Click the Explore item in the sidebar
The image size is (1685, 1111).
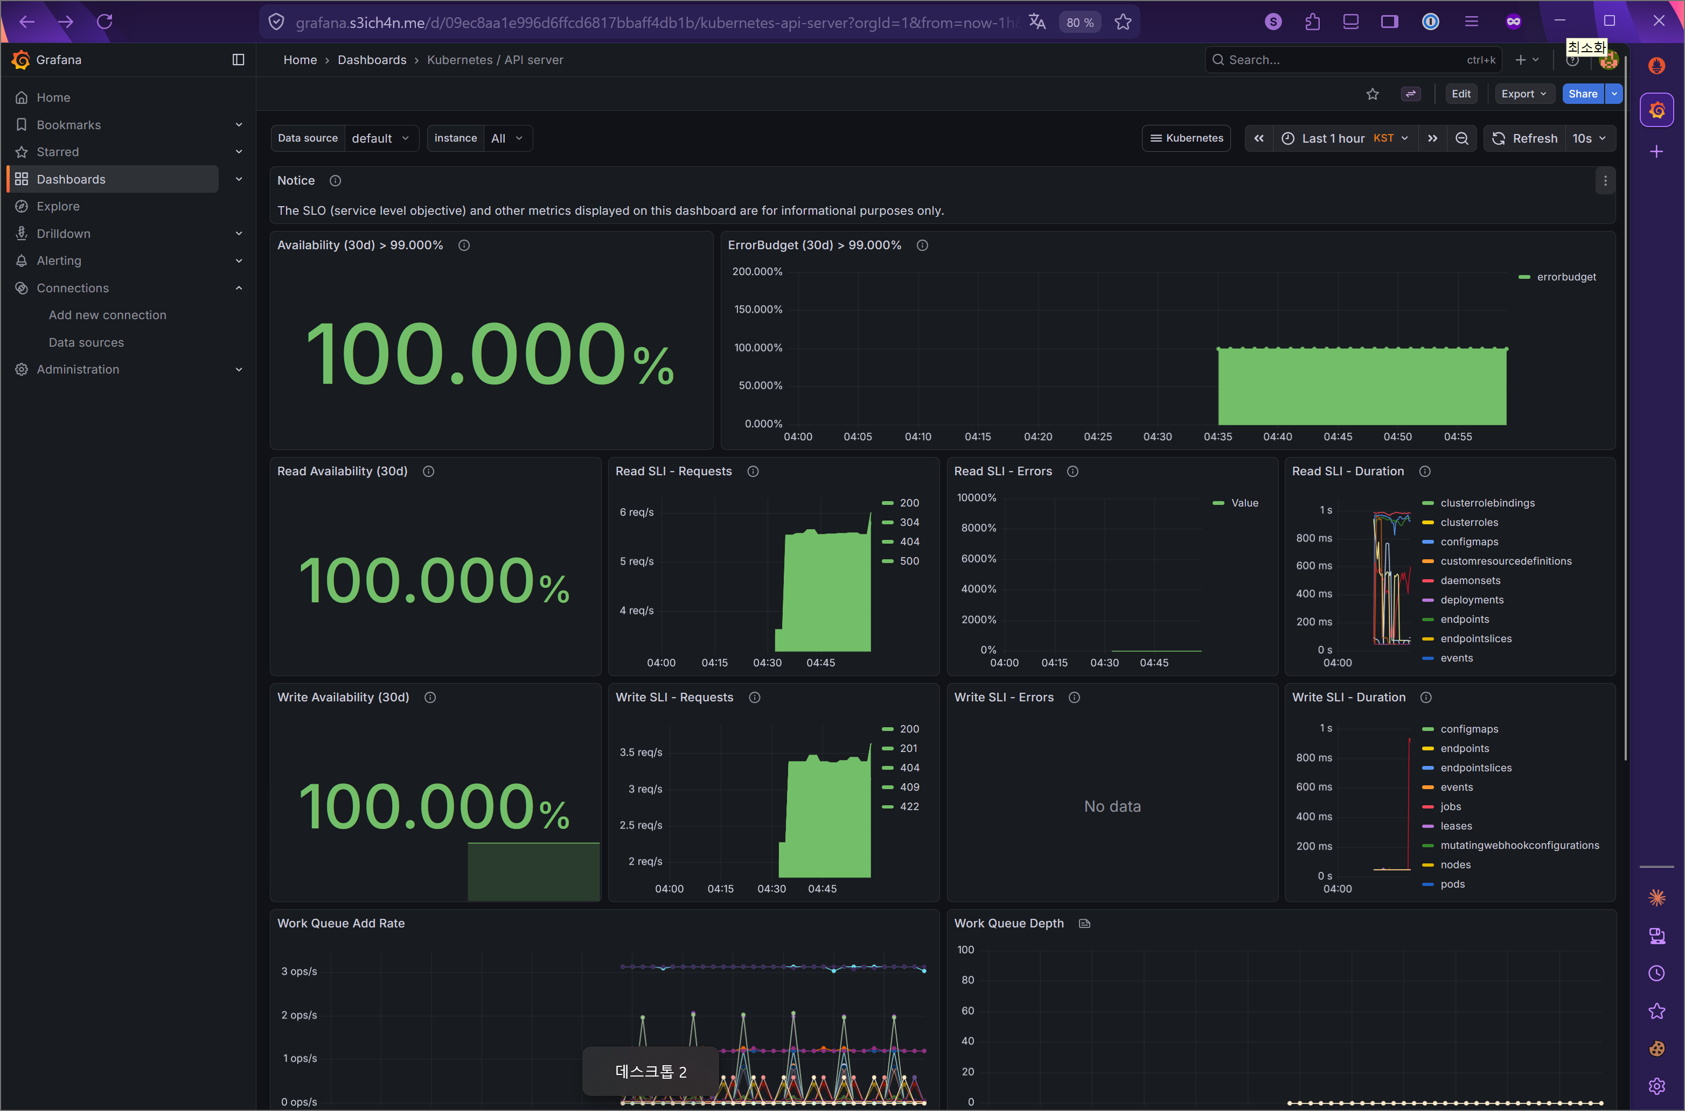pyautogui.click(x=58, y=206)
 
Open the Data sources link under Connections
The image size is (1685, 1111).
pyautogui.click(x=86, y=342)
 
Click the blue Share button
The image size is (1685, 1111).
pyautogui.click(x=1582, y=94)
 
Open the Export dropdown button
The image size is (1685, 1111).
pyautogui.click(x=1523, y=94)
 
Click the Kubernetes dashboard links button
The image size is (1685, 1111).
pyautogui.click(x=1186, y=138)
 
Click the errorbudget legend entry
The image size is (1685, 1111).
pyautogui.click(x=1565, y=277)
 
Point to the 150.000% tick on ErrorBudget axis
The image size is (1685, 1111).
pyautogui.click(x=758, y=310)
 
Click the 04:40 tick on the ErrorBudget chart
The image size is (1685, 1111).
pyautogui.click(x=1277, y=437)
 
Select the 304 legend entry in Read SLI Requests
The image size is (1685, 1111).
pyautogui.click(x=909, y=522)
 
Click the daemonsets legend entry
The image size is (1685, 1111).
pyautogui.click(x=1470, y=580)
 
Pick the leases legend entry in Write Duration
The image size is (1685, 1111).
pyautogui.click(x=1456, y=826)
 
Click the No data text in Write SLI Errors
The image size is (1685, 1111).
pyautogui.click(x=1111, y=806)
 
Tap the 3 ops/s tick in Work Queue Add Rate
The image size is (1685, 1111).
pyautogui.click(x=299, y=972)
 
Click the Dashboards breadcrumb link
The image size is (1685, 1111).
pyautogui.click(x=372, y=60)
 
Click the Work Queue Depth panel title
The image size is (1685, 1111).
pyautogui.click(x=1008, y=923)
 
